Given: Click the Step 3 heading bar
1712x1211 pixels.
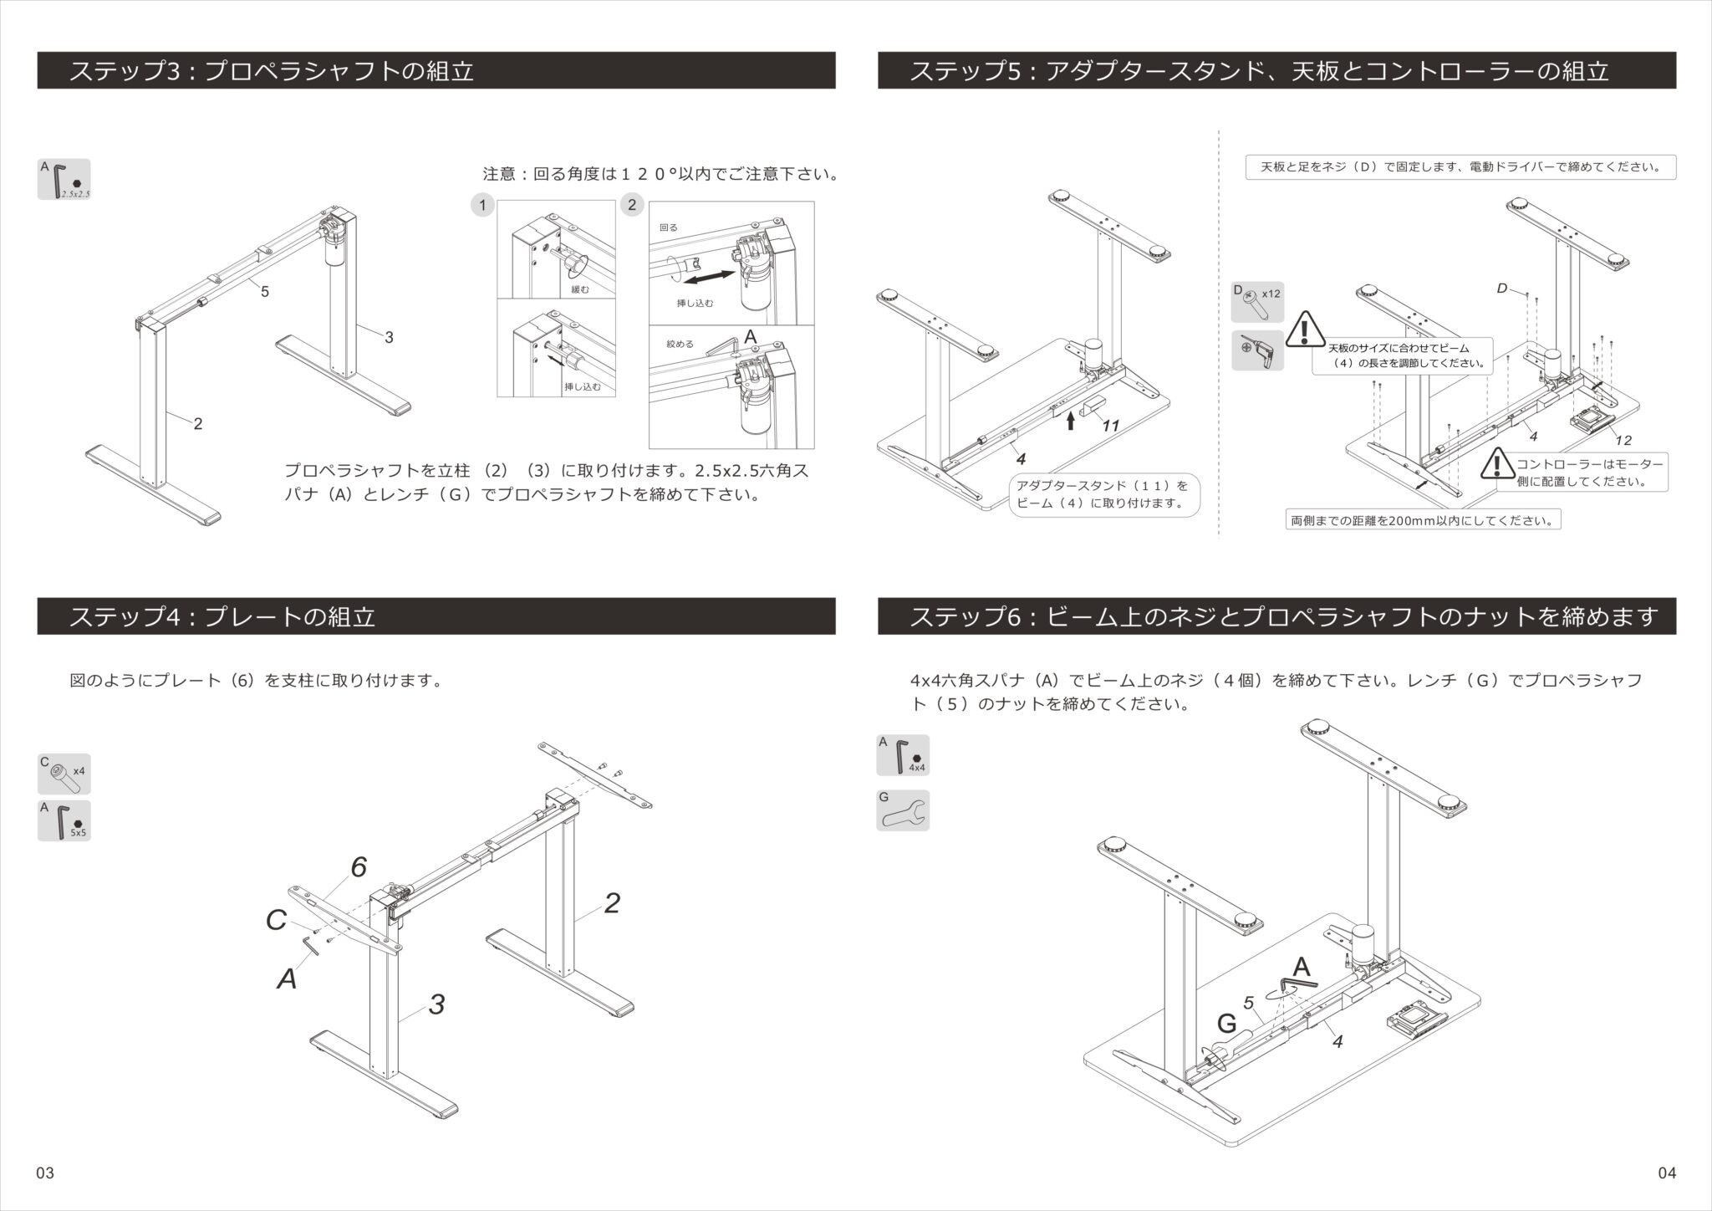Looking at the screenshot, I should click(436, 70).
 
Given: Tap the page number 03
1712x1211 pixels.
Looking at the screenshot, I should click(45, 1173).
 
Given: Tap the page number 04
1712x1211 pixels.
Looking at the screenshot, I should click(1666, 1173).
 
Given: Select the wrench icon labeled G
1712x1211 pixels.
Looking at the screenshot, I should click(903, 810).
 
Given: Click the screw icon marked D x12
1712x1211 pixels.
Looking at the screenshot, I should click(1257, 303).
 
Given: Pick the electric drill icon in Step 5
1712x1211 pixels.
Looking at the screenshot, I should click(1257, 350).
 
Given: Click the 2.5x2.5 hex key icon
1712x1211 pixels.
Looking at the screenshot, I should click(64, 180).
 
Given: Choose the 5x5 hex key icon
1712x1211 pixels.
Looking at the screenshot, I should click(64, 820).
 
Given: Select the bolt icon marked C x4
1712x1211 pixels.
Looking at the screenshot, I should click(64, 774).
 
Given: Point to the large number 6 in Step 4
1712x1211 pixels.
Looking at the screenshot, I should click(359, 867).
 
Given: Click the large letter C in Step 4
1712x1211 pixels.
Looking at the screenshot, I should click(276, 921).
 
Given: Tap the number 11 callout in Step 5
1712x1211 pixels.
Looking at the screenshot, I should click(1110, 426).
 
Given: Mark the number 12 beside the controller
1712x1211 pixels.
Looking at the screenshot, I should click(1623, 440).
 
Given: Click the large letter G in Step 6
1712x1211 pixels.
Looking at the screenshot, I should click(1226, 1024).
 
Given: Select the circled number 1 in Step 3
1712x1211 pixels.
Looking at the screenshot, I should click(482, 205).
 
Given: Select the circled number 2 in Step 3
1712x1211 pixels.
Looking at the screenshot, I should click(632, 205).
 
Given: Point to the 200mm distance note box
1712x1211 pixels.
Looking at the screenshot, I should click(1423, 520).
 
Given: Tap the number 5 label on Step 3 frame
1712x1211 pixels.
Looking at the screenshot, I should click(264, 292).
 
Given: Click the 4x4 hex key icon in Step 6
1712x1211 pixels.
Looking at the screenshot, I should click(903, 755).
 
